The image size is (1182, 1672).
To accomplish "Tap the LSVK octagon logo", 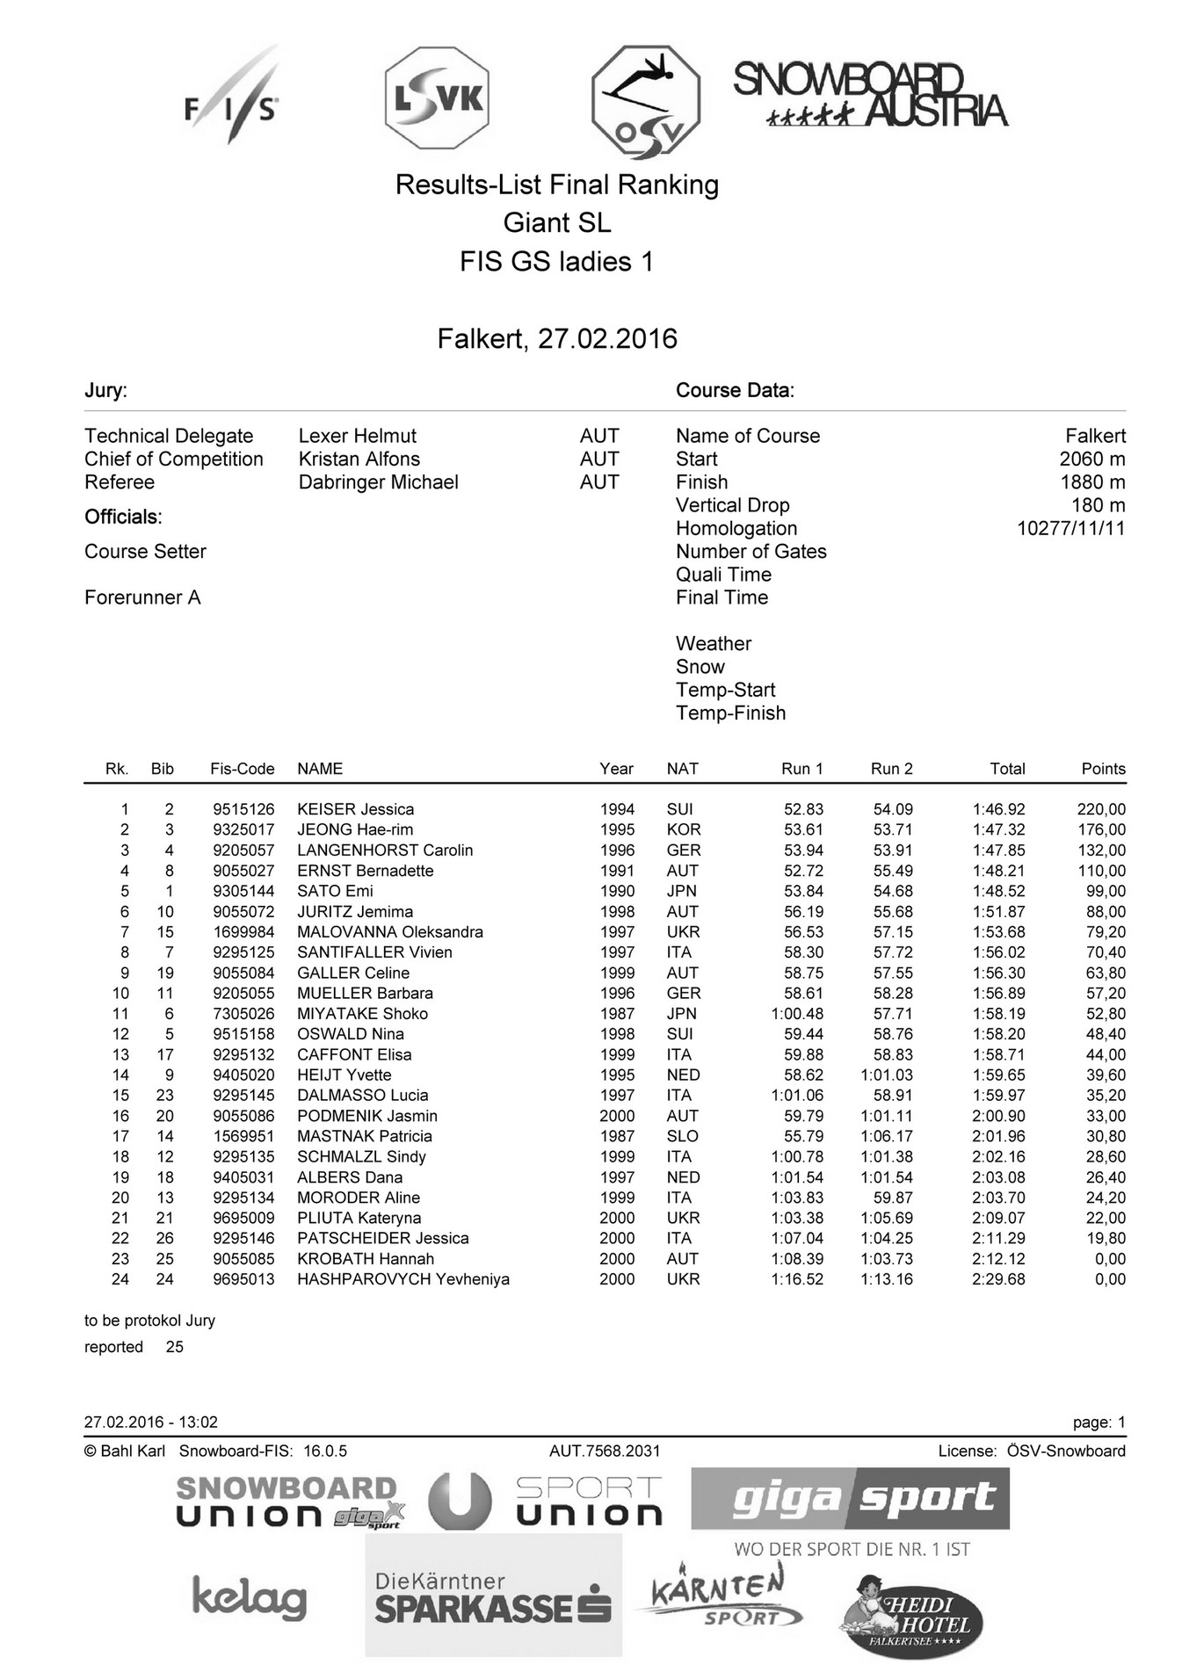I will [x=437, y=99].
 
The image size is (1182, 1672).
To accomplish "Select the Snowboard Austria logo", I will [x=870, y=95].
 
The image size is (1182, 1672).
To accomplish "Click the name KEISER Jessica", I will [x=355, y=809].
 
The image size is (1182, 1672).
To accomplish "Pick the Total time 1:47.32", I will [x=998, y=829].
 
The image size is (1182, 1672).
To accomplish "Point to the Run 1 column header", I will [x=801, y=769].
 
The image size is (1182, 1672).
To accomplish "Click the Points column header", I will [x=1103, y=769].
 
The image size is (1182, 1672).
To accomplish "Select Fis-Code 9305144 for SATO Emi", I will [x=243, y=891].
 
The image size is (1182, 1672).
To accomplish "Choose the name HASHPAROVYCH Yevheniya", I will [x=402, y=1279].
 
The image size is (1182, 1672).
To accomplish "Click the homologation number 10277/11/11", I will [x=1070, y=528].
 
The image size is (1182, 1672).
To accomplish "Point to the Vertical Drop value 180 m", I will [x=1098, y=505].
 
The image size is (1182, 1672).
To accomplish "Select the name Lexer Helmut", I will [x=357, y=436].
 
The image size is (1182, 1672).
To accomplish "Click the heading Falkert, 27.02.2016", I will [x=557, y=339].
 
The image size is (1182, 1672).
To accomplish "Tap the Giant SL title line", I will [x=557, y=223].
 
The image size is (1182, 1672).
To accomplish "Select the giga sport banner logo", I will [x=850, y=1499].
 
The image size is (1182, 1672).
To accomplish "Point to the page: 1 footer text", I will [x=1099, y=1422].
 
